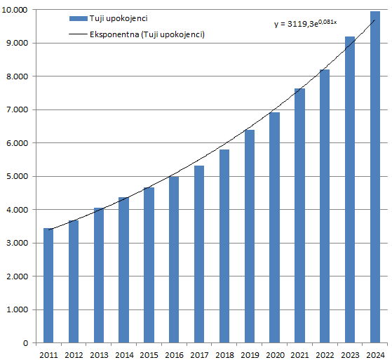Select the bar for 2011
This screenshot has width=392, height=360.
48,286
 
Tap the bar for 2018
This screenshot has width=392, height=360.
224,246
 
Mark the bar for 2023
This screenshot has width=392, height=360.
350,189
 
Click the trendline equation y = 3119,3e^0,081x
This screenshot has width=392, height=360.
305,23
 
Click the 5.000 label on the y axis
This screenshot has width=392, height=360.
16,176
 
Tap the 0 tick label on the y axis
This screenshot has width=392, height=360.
25,343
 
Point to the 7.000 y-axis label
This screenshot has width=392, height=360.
16,109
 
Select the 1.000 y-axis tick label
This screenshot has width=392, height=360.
16,309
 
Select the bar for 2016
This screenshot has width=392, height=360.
174,260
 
